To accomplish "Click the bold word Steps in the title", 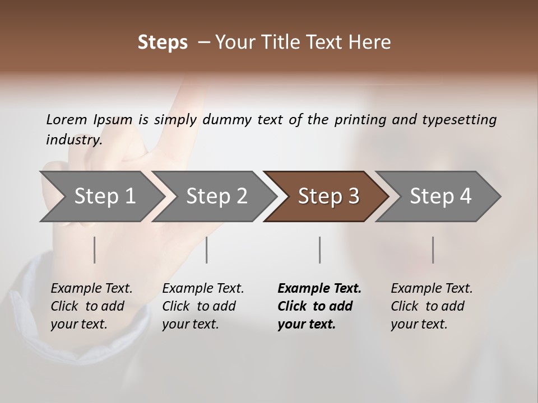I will pos(163,43).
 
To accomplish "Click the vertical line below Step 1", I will pos(95,250).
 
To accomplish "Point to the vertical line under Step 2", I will pos(207,250).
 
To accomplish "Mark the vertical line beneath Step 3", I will pos(320,250).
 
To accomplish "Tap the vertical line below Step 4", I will pos(433,250).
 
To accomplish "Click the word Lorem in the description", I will pos(67,120).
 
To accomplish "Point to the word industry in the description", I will pos(74,140).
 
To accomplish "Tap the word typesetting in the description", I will pos(459,120).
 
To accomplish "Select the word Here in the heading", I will pos(370,43).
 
